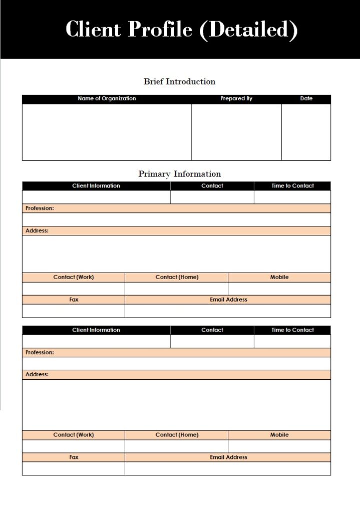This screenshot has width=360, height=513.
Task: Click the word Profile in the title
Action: [160, 30]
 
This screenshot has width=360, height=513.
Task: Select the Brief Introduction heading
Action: [179, 82]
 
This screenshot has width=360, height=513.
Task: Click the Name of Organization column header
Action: [107, 99]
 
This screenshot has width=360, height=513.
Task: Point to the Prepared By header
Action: [236, 99]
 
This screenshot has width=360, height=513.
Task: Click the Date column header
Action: [306, 99]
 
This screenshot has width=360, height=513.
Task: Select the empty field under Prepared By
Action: [236, 132]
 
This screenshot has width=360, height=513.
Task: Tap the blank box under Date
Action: [306, 132]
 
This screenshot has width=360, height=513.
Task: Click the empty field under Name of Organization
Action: [107, 132]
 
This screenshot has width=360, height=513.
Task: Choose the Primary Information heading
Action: [179, 174]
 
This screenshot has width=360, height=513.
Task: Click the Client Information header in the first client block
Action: [96, 186]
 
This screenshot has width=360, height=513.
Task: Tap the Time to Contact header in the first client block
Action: [292, 186]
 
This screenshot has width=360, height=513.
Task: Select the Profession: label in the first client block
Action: [40, 208]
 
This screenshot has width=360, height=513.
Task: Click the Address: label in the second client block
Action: [37, 375]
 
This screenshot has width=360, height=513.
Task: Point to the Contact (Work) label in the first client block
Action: [74, 277]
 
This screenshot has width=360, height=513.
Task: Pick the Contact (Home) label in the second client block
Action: [177, 435]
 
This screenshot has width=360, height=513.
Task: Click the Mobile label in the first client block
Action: [279, 277]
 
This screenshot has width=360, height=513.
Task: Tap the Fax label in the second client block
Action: [74, 457]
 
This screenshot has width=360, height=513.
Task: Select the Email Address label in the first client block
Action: [228, 300]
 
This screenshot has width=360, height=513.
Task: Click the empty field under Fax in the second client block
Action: [74, 468]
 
